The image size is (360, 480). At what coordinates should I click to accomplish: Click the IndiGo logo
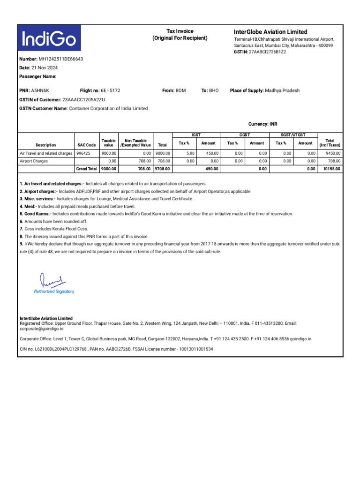[x=49, y=38]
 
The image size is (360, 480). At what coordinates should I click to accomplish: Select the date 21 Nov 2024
[x=44, y=68]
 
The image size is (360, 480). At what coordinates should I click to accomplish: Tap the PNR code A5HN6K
[x=40, y=90]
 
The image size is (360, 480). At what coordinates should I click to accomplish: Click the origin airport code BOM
[x=180, y=90]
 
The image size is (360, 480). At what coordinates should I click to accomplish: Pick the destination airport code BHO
[x=214, y=90]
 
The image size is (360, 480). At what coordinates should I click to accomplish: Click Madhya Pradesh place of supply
[x=282, y=90]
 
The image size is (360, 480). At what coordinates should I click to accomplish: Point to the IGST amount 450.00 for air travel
[x=209, y=153]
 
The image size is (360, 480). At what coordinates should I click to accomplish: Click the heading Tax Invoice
[x=180, y=31]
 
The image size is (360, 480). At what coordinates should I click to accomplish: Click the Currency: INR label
[x=262, y=124]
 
